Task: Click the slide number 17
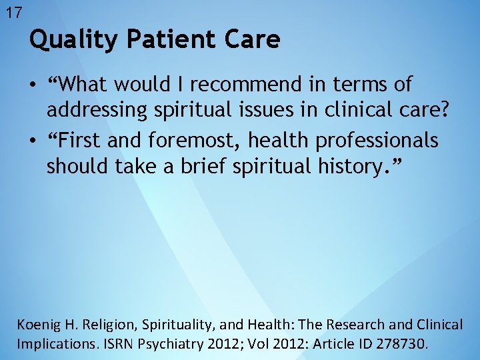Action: pyautogui.click(x=13, y=12)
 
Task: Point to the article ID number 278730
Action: pyautogui.click(x=403, y=345)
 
